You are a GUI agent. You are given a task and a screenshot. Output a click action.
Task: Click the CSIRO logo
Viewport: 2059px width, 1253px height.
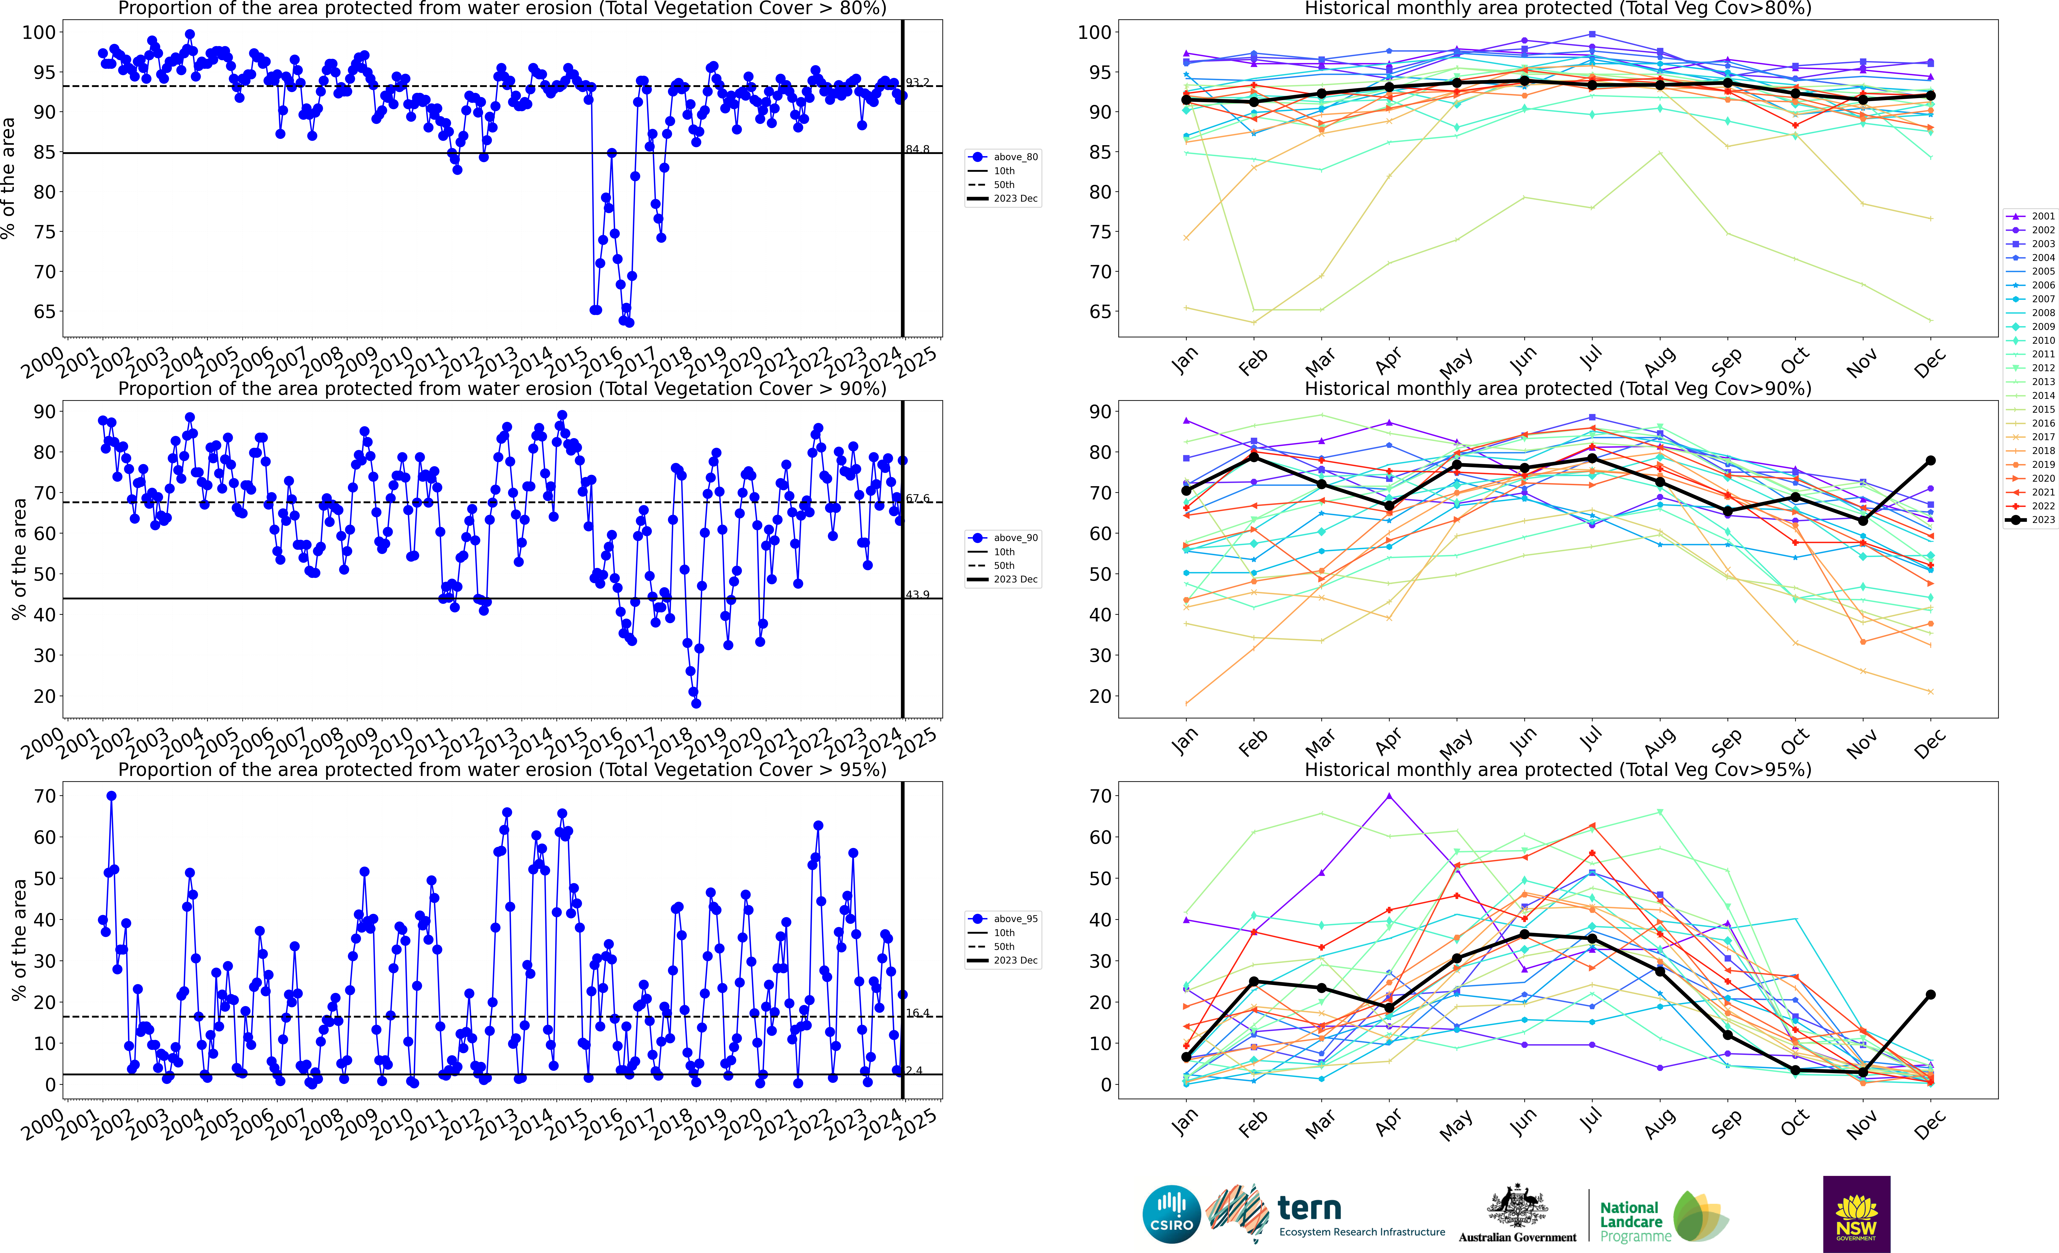point(1172,1214)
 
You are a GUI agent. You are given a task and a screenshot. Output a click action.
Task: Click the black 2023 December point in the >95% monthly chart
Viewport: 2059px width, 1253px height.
point(1930,995)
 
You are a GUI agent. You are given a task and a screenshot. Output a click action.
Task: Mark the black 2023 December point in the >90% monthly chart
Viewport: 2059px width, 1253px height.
point(1930,460)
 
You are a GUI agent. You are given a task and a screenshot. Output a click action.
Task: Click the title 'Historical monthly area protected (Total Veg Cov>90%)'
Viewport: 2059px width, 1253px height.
point(1558,389)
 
